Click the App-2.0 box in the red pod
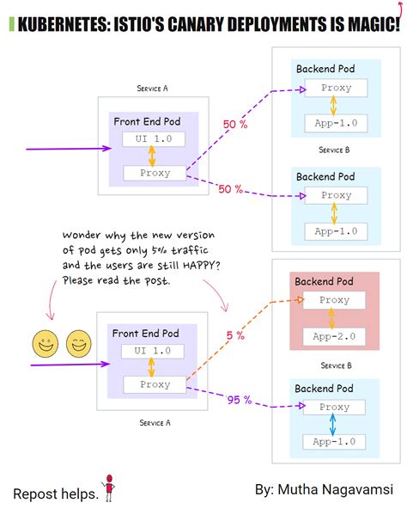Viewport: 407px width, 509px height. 335,337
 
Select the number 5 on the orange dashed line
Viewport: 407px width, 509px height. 230,335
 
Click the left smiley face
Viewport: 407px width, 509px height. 45,345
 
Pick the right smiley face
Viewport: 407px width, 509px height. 77,345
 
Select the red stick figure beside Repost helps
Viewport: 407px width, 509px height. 109,488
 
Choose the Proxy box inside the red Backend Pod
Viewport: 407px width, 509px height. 335,300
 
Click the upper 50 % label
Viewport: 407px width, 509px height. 234,125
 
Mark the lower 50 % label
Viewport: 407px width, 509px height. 229,188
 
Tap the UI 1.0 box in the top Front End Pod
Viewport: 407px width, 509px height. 153,139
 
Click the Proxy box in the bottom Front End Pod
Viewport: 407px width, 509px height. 155,384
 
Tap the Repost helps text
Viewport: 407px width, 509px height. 53,494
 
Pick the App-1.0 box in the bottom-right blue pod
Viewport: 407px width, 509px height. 335,445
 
